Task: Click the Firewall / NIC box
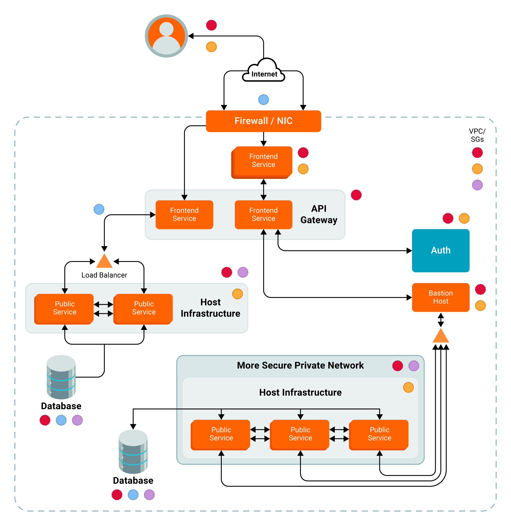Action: click(263, 121)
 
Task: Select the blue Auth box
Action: click(440, 250)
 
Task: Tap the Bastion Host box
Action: click(440, 297)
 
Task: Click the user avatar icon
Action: click(166, 36)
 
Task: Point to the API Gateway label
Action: click(319, 214)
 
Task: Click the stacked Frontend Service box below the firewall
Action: click(263, 161)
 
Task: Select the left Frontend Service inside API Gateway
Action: click(184, 214)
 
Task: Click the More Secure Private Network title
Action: click(300, 365)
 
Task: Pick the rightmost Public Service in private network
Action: click(379, 434)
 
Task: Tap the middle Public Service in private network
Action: click(300, 434)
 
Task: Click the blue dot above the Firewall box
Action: click(263, 100)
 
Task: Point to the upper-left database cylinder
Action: click(61, 377)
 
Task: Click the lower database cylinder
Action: click(133, 451)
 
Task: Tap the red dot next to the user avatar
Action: click(211, 25)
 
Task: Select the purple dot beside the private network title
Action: click(413, 366)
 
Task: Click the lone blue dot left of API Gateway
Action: click(99, 209)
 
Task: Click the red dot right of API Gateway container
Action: click(356, 195)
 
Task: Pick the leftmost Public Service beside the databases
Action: click(64, 308)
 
